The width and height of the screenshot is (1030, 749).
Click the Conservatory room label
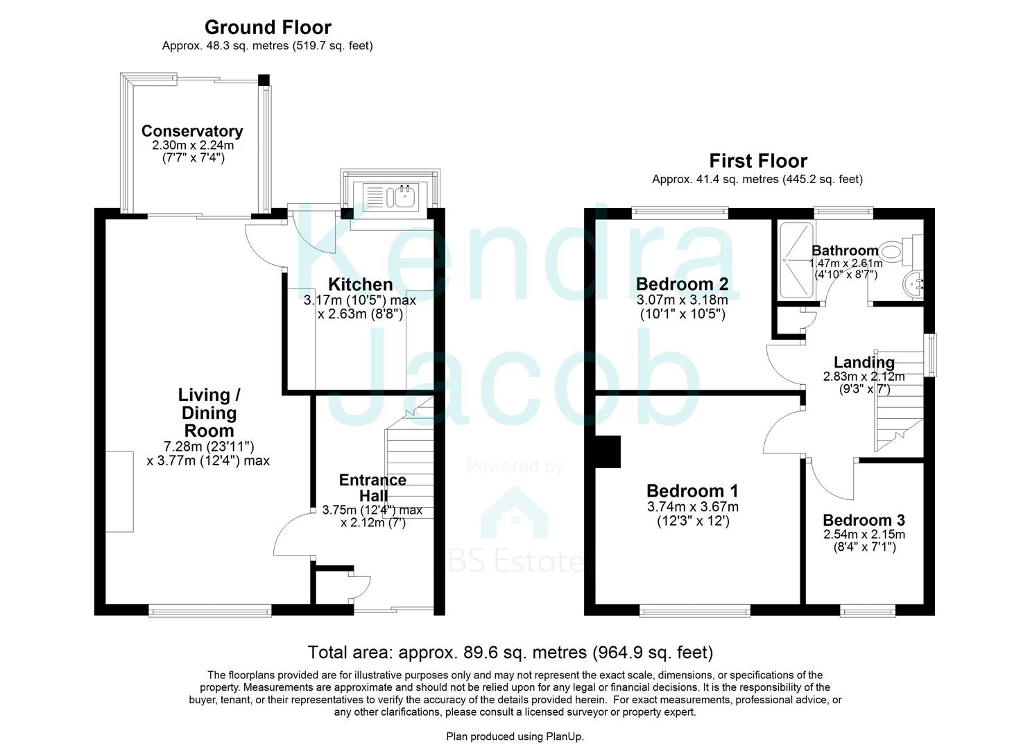coord(192,131)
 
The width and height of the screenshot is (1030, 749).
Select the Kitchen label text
coord(360,284)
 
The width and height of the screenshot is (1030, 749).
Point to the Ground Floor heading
coord(268,28)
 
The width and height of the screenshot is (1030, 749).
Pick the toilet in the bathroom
coord(909,250)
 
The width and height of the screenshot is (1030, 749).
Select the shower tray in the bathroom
coord(796,260)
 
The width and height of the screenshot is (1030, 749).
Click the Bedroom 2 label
coord(682,284)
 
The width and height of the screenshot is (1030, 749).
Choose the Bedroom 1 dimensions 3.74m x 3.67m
coord(693,507)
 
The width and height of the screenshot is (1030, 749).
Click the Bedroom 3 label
coord(864,520)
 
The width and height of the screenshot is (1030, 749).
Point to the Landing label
coord(864,362)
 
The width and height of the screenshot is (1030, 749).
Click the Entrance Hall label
coord(372,488)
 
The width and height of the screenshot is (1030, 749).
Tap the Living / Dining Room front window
coord(209,610)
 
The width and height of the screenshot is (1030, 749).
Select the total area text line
coord(510,653)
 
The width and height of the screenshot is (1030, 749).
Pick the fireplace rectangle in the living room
coord(119,491)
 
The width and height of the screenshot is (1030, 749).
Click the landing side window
coord(932,355)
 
